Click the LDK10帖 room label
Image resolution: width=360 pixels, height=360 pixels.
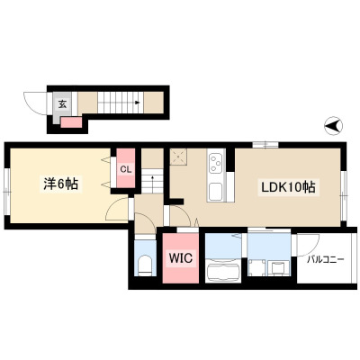point(288,188)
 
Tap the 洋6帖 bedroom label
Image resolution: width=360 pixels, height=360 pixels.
point(61,184)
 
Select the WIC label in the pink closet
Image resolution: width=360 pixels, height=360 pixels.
point(180,257)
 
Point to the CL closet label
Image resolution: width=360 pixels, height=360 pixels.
point(126,169)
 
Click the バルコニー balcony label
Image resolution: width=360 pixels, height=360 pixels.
point(325,260)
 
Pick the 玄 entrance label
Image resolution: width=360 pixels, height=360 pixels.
point(62,104)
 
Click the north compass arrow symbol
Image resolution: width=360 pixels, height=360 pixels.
point(334,126)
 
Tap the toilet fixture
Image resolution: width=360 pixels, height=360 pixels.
point(146,265)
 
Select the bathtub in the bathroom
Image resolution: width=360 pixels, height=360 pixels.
point(223,270)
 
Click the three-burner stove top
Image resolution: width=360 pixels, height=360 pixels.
point(216,164)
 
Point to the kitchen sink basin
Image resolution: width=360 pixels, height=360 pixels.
point(216,192)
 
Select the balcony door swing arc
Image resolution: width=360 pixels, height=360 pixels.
point(309,246)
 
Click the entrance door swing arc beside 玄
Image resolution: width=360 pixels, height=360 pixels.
point(35,103)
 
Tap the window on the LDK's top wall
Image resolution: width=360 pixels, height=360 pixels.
point(265,145)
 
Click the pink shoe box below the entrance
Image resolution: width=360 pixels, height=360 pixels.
point(71,122)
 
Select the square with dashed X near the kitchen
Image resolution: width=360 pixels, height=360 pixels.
point(178,157)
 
